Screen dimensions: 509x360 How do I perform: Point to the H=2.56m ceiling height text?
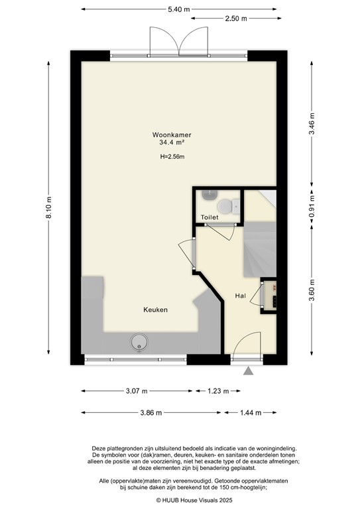pyautogui.click(x=171, y=157)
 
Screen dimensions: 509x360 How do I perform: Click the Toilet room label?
pyautogui.click(x=210, y=217)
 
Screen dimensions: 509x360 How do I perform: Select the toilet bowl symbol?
pyautogui.click(x=227, y=207)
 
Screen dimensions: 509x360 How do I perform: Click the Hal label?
pyautogui.click(x=241, y=296)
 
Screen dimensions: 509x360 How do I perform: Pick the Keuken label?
pyautogui.click(x=155, y=310)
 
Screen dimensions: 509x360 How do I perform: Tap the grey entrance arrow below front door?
pyautogui.click(x=249, y=372)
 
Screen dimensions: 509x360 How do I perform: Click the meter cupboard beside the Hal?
pyautogui.click(x=271, y=293)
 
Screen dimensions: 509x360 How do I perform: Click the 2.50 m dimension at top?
pyautogui.click(x=235, y=19)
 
